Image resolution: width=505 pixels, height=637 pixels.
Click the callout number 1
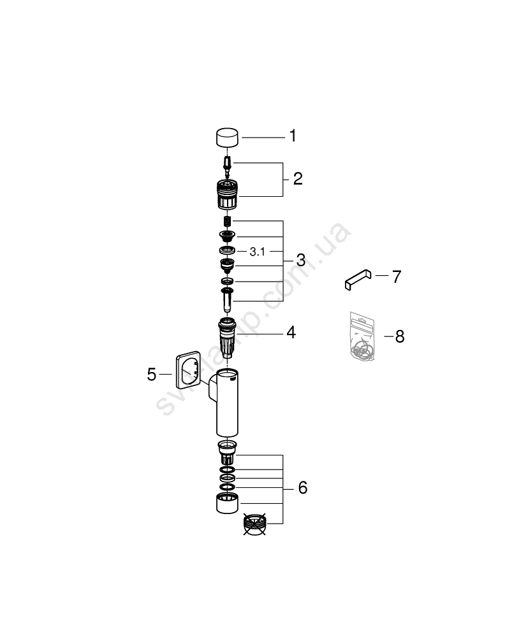coord(293,136)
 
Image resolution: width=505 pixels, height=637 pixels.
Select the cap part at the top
coord(227,138)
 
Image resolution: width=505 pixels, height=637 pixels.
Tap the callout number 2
coord(298,179)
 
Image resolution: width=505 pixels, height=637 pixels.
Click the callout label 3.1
coord(258,252)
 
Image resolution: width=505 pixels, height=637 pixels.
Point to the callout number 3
coord(301,260)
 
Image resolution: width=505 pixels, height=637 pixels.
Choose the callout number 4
coord(291,333)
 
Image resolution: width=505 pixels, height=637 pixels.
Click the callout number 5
coord(152,374)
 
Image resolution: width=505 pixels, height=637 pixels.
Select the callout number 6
coord(302,487)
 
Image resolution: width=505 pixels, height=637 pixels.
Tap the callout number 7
coord(397,276)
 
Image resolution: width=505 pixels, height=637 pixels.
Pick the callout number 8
coord(400,336)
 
